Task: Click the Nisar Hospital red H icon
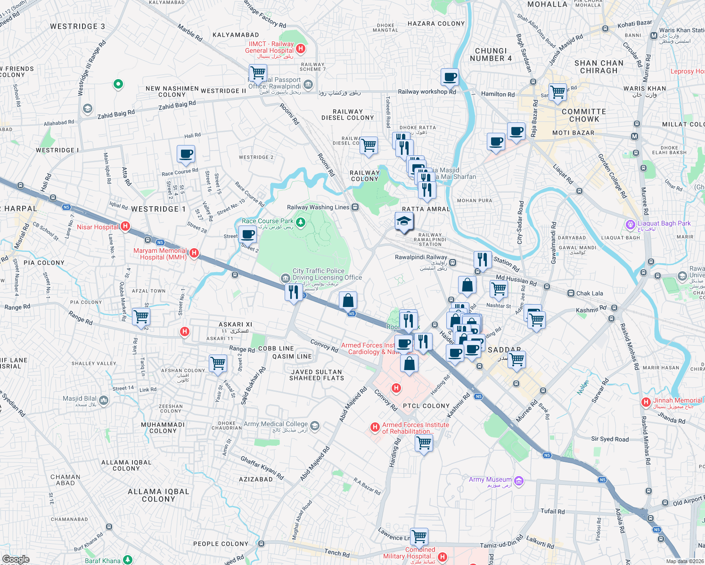(125, 226)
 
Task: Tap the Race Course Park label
(267, 221)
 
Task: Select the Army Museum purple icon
(519, 481)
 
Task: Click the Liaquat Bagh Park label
(664, 224)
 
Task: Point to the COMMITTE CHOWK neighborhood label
(584, 115)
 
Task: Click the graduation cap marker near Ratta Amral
(404, 221)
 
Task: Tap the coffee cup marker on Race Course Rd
(186, 154)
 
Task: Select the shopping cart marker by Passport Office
(258, 73)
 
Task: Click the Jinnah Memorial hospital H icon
(646, 402)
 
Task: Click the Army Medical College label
(276, 424)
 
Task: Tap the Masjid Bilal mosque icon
(104, 401)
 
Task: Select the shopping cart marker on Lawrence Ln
(419, 536)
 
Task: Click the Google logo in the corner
(16, 559)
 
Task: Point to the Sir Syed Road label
(610, 439)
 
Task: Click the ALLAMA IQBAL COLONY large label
(158, 495)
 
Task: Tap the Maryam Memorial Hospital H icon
(194, 253)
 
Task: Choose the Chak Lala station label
(589, 293)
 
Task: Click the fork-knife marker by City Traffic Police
(294, 292)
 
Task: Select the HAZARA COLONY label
(436, 24)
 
